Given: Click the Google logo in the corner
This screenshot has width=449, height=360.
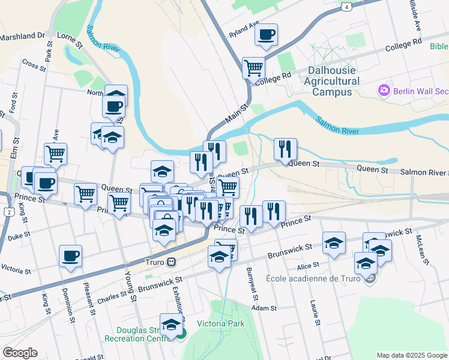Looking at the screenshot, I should [20, 353].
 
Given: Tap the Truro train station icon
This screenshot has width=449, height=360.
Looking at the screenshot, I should [171, 262].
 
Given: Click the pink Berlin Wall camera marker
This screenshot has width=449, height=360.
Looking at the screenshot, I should [384, 91].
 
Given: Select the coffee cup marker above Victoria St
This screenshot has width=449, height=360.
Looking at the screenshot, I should [70, 256].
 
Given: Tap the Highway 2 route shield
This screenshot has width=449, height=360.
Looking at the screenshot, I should [8, 212].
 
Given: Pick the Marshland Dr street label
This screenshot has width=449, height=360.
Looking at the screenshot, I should [23, 36].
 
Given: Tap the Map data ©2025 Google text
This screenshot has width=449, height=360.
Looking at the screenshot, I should [412, 355].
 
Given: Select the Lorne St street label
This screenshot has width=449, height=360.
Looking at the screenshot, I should [69, 40].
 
